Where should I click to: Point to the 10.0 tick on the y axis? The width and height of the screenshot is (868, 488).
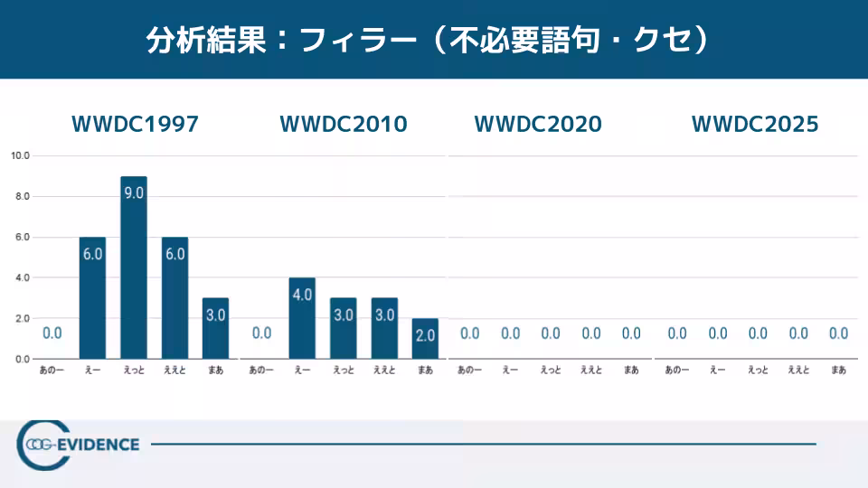point(21,155)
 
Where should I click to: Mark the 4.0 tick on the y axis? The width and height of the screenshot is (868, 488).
point(21,277)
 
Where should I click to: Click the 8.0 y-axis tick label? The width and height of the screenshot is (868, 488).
point(21,196)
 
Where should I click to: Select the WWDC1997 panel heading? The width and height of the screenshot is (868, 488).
point(135,125)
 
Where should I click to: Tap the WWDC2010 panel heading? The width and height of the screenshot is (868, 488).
point(344,125)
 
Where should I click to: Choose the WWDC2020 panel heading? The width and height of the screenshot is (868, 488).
point(538,125)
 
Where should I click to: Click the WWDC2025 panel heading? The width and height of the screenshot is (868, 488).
point(755,125)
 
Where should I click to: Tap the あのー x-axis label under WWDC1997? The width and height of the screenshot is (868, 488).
point(52,370)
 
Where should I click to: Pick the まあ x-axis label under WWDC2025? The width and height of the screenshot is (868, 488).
point(839,370)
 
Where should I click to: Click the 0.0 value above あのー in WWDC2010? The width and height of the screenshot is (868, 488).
point(262,333)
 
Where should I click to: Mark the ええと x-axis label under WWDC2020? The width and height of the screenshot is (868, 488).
point(590,370)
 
